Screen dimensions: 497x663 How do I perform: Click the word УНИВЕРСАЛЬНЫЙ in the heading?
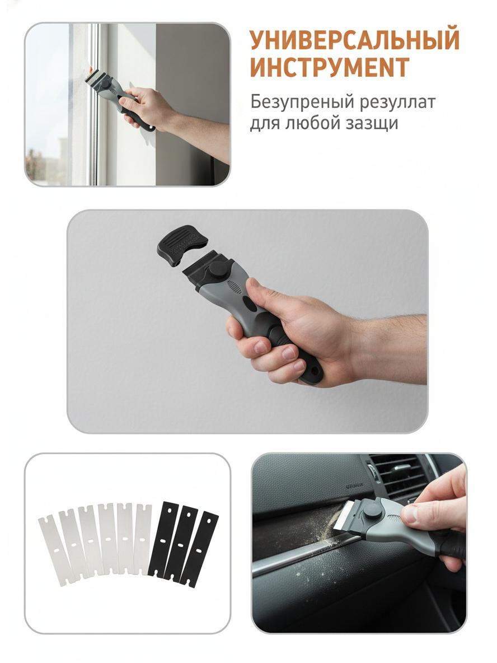(x=354, y=39)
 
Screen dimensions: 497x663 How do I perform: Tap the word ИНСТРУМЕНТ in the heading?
(x=329, y=67)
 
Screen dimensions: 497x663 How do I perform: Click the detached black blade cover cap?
(x=182, y=245)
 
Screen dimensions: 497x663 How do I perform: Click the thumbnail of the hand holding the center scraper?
(x=247, y=321)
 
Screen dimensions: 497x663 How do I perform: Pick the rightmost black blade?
(x=199, y=548)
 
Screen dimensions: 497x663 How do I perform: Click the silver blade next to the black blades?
(x=142, y=539)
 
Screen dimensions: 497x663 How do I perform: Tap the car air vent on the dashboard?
(x=395, y=475)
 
